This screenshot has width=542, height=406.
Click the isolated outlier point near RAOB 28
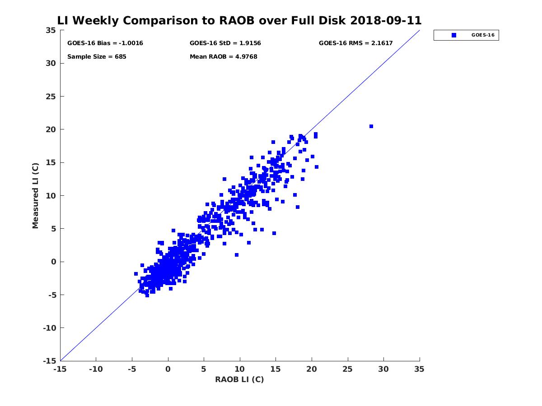(x=371, y=126)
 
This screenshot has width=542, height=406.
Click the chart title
(x=239, y=21)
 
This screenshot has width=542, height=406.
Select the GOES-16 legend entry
(x=466, y=35)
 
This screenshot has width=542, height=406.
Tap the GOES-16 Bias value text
(x=105, y=43)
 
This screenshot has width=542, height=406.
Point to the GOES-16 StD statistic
(x=225, y=43)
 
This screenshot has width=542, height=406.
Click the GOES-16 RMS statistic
(x=356, y=43)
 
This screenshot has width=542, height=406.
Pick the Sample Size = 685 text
(x=97, y=57)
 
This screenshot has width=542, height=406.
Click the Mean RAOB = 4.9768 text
(x=224, y=57)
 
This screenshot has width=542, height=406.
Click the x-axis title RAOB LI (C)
(x=239, y=379)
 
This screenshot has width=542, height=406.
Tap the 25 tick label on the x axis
(x=348, y=369)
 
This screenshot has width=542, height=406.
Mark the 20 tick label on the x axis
(x=312, y=369)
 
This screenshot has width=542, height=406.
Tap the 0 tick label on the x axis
(x=168, y=369)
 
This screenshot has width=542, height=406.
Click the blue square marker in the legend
(x=454, y=35)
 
